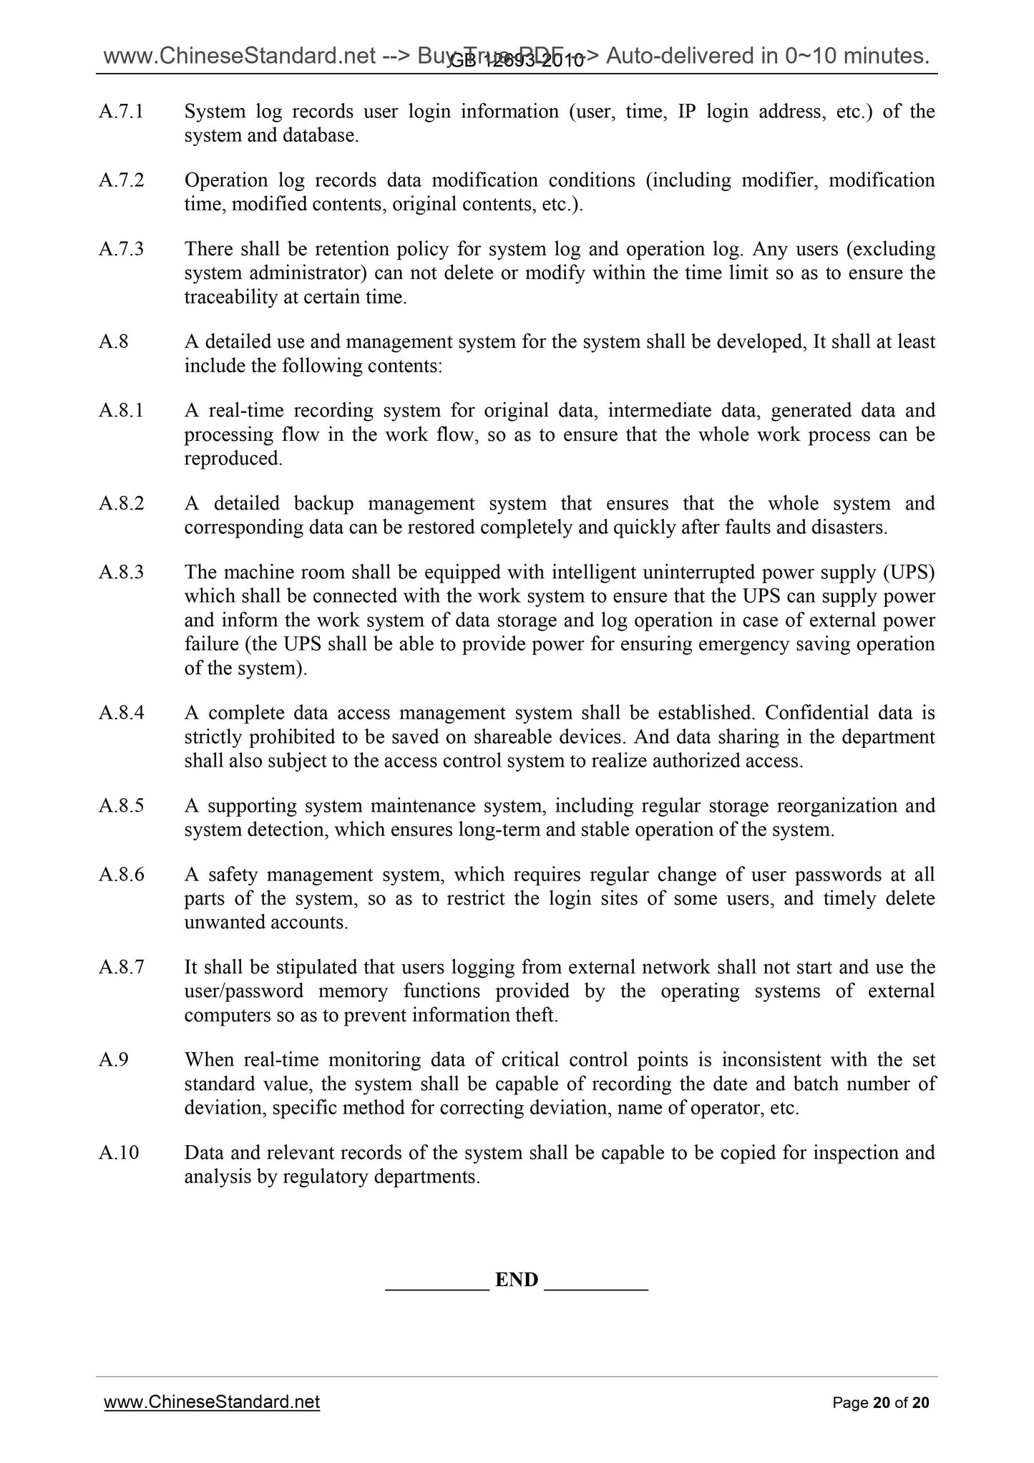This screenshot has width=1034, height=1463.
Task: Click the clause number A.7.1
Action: pos(121,112)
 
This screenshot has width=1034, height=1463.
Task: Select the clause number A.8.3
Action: pos(121,573)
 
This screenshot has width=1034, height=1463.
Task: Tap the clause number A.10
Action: pos(119,1153)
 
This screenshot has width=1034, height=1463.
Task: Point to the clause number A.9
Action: pos(114,1060)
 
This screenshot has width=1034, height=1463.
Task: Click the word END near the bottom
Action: pos(516,1280)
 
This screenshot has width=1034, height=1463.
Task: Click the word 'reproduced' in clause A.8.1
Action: pos(233,459)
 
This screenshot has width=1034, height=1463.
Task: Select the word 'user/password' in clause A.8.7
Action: pos(243,991)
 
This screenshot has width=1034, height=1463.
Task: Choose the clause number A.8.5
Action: pos(121,806)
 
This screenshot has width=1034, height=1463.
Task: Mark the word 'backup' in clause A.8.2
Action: pos(323,504)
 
